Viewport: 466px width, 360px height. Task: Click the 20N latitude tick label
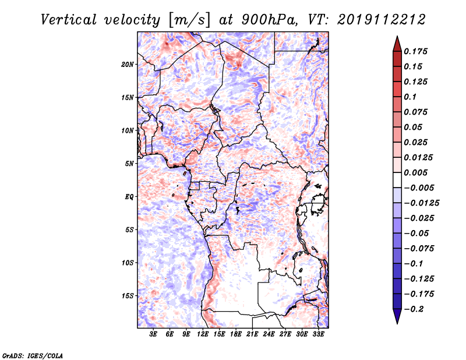(128, 64)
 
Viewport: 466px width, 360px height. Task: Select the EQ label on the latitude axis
(129, 197)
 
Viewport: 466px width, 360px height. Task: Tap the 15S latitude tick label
(128, 296)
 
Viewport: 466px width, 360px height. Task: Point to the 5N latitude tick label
(129, 164)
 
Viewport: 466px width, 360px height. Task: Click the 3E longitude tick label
(153, 334)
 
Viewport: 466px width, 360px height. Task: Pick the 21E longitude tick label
(252, 334)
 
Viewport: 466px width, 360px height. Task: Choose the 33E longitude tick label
(318, 334)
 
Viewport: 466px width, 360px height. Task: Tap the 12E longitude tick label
(203, 334)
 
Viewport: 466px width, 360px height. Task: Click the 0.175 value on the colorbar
(415, 51)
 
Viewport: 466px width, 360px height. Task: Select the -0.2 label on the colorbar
(414, 309)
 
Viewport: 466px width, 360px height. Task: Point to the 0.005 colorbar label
(415, 172)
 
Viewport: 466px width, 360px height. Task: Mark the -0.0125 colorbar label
(421, 203)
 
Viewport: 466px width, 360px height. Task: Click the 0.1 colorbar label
(410, 97)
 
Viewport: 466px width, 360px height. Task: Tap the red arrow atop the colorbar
(397, 44)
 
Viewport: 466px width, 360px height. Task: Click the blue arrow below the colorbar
(397, 316)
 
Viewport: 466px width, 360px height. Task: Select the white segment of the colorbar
(397, 180)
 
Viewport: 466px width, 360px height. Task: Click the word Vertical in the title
(69, 20)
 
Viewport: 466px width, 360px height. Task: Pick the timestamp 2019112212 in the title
(382, 20)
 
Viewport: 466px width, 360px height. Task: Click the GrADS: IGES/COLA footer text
(33, 355)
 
